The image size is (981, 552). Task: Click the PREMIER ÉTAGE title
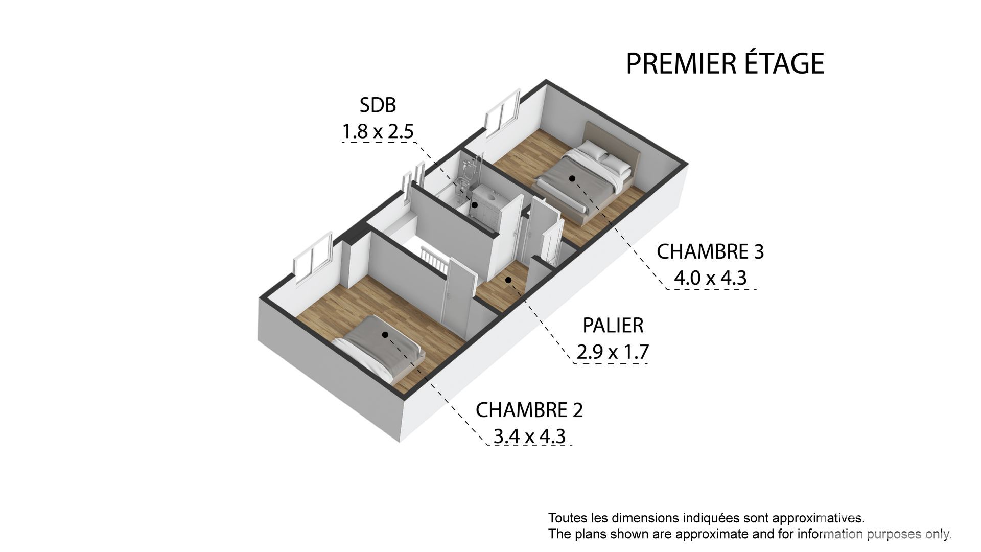[x=725, y=63]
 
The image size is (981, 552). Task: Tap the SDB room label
[x=378, y=105]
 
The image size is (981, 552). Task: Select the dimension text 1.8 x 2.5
[x=378, y=132]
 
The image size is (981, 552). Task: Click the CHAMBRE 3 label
[x=710, y=252]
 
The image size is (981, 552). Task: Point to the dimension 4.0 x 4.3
[x=710, y=279]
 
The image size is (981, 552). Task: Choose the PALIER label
[x=613, y=326]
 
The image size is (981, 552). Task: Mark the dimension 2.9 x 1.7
[x=613, y=352]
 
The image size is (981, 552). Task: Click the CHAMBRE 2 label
[x=529, y=410]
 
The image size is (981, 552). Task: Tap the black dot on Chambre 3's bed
[x=572, y=178]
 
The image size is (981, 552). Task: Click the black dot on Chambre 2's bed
[x=385, y=335]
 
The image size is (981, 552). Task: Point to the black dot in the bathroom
[x=475, y=205]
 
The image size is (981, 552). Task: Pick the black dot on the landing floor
[x=508, y=280]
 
